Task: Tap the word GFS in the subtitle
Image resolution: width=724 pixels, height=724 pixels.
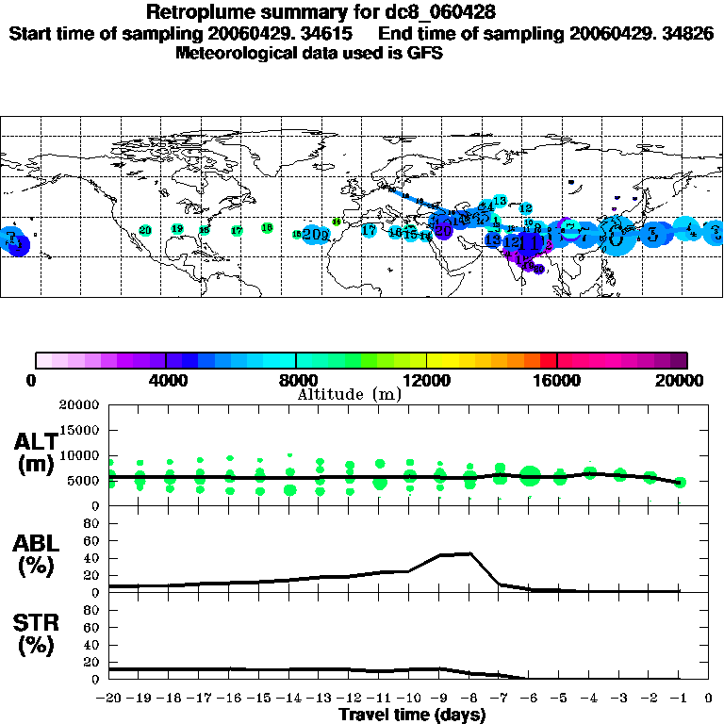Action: (425, 53)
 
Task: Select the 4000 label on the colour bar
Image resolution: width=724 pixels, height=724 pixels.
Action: (165, 381)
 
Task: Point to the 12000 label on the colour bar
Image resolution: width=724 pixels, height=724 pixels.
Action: (426, 381)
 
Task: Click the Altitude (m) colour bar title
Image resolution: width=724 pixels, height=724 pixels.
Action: (349, 394)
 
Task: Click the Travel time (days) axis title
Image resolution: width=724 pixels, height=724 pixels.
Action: (413, 715)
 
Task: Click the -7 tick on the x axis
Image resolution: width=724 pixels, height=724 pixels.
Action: (499, 699)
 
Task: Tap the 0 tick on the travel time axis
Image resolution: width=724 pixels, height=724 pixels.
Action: (708, 699)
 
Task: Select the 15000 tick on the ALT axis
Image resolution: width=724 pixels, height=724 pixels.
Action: (82, 430)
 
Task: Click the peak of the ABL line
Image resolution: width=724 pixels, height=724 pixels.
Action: (469, 553)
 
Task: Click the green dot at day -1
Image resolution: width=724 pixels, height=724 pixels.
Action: (680, 482)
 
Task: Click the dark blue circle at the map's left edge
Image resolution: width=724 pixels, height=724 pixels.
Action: (18, 245)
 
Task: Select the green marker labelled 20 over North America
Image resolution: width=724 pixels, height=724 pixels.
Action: (145, 230)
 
